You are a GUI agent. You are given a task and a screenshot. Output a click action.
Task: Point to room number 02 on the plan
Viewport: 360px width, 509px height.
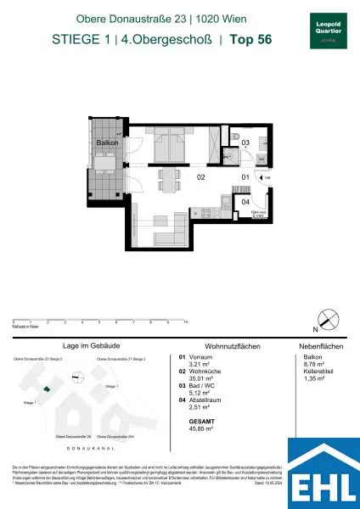click(201, 178)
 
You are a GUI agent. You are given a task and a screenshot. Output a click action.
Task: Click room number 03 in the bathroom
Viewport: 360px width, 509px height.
click(244, 144)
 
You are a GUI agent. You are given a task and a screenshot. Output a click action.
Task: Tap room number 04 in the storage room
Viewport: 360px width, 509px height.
click(245, 202)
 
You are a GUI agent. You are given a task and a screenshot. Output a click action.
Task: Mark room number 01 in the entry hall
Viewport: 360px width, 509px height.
click(244, 176)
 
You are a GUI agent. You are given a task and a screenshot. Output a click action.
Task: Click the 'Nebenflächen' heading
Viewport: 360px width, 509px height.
click(314, 347)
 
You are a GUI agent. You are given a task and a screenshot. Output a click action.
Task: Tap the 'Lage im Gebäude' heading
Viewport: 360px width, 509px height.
click(82, 347)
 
